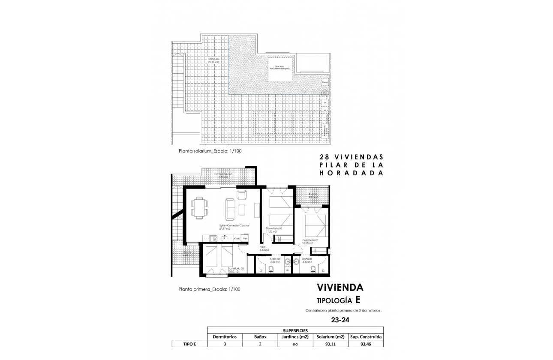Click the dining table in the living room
point(199,207)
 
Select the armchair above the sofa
point(242,195)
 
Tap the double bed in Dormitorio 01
point(316,224)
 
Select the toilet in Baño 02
point(272,269)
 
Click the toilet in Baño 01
point(313,269)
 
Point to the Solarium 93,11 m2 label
point(213,60)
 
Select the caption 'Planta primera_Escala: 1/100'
point(209,289)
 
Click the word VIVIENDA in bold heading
point(340,287)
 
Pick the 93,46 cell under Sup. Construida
point(365,344)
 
